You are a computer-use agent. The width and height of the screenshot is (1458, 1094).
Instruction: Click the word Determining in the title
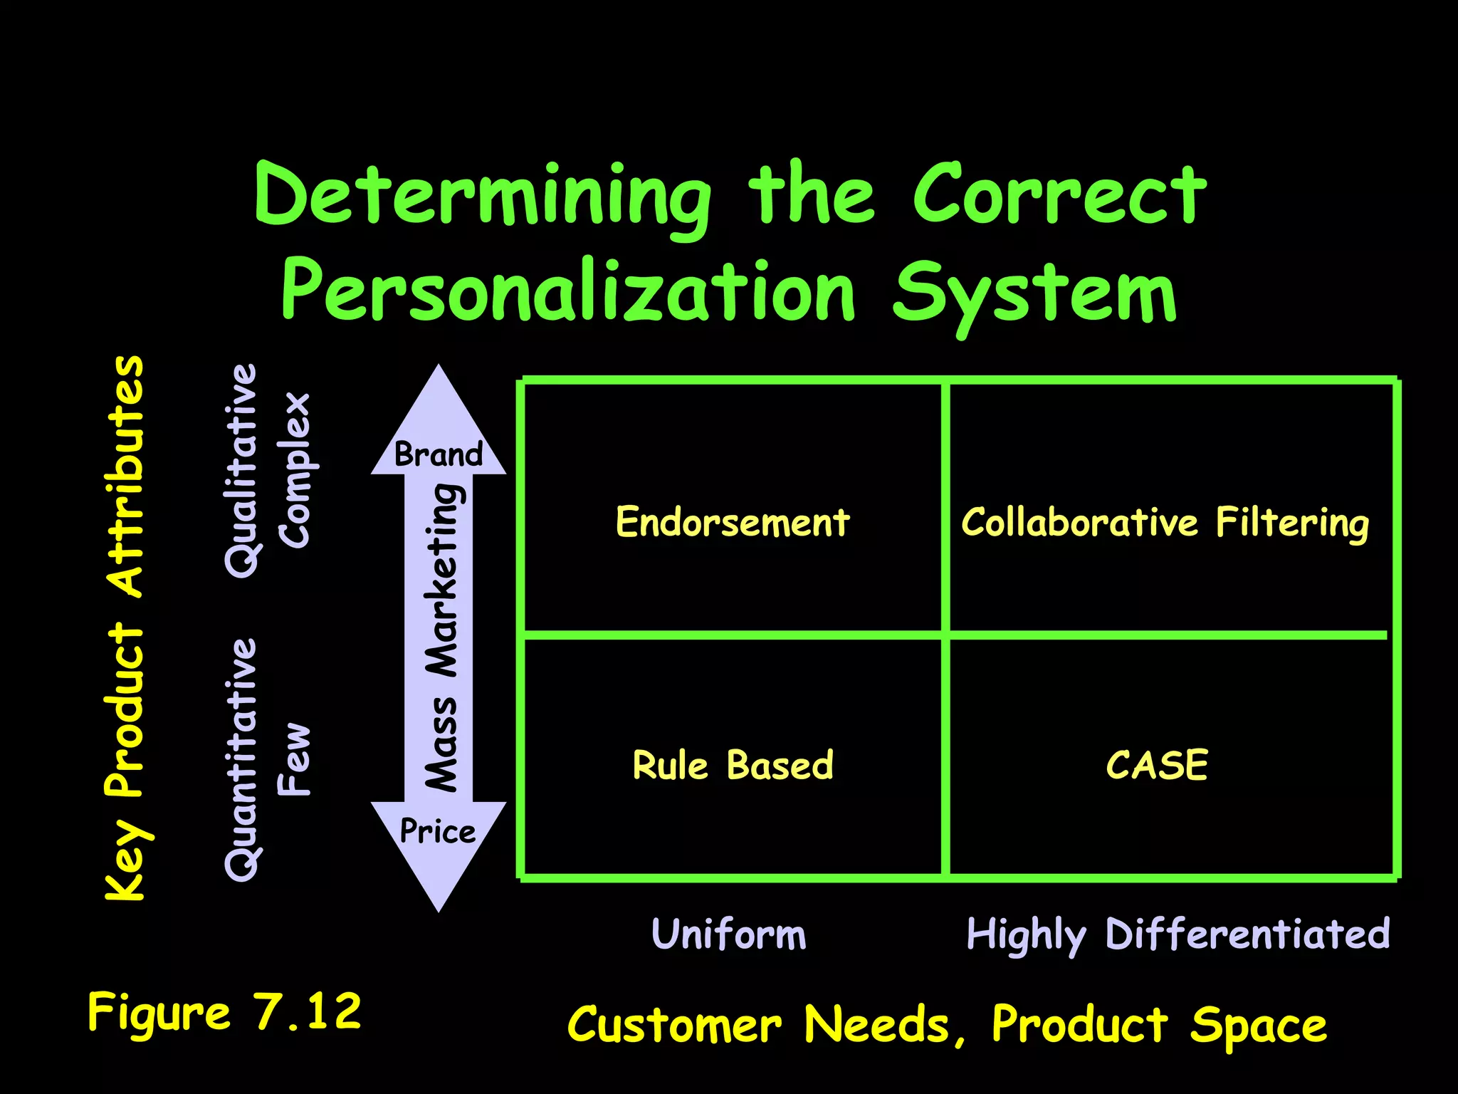(x=483, y=196)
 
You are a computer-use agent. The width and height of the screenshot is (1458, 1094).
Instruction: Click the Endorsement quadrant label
(x=733, y=522)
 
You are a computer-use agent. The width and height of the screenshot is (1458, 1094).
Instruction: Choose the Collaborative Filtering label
(x=1165, y=522)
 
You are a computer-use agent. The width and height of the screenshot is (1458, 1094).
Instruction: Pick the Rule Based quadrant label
(x=733, y=766)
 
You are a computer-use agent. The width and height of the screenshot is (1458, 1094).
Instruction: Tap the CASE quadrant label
(x=1157, y=766)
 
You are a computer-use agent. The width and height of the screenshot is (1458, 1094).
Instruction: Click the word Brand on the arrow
(x=439, y=454)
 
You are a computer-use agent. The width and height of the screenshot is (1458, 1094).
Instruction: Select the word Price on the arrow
(x=438, y=831)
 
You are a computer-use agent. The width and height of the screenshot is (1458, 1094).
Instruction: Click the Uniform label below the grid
(x=729, y=934)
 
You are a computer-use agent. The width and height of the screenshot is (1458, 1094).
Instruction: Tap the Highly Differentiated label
(x=1178, y=934)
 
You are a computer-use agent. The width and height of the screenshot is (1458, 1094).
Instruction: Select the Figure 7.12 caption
(x=224, y=1011)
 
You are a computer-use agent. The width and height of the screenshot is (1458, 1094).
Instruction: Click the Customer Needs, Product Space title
(x=947, y=1025)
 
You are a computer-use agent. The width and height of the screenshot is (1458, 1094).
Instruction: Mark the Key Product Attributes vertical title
(x=125, y=627)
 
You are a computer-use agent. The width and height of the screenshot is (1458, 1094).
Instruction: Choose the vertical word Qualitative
(x=241, y=470)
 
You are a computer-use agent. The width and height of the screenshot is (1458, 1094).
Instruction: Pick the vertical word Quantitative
(x=241, y=759)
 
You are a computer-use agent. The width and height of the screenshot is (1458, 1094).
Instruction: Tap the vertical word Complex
(x=295, y=470)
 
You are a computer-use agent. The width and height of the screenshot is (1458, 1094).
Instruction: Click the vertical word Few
(x=295, y=759)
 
